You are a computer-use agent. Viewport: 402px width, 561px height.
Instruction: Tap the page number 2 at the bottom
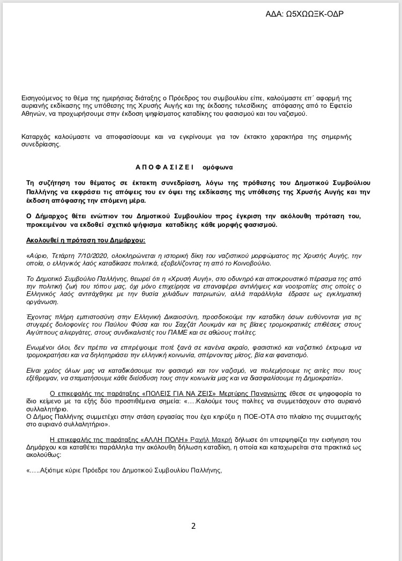(193, 526)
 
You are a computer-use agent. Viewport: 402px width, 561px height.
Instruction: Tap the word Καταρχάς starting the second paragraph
(38, 136)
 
